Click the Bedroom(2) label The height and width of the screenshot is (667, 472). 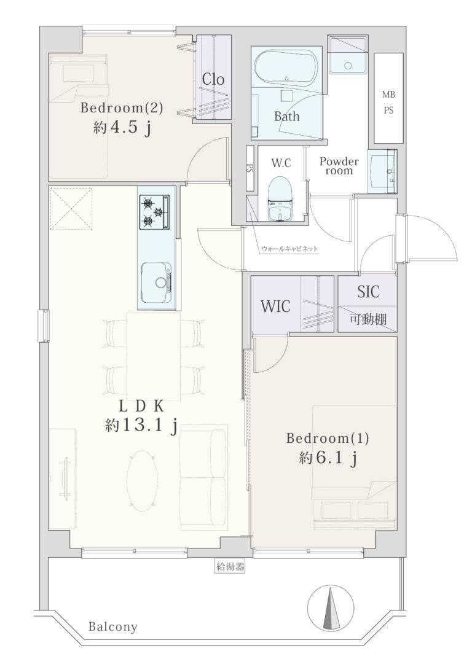(121, 108)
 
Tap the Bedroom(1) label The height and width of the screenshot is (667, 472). (328, 438)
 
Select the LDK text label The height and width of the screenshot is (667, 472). (141, 407)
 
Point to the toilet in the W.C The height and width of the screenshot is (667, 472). (280, 199)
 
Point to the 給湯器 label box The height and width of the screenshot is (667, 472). (230, 566)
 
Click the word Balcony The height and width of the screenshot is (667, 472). (113, 626)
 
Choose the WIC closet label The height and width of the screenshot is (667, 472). (275, 306)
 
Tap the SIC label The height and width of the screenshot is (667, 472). (368, 292)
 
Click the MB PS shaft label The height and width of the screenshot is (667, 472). (388, 103)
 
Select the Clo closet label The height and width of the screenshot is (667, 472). (213, 79)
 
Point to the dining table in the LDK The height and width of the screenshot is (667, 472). (154, 356)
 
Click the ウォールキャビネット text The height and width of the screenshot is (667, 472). (289, 249)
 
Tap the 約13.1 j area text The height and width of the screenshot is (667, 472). (141, 426)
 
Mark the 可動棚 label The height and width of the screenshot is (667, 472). (368, 319)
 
